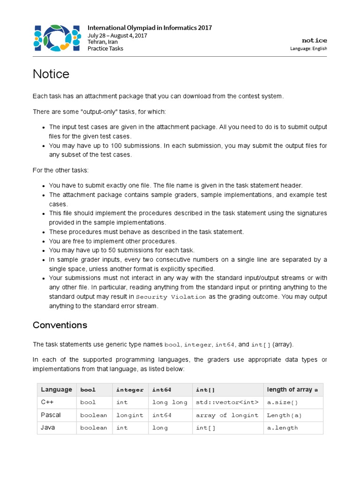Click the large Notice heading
pyautogui.click(x=51, y=74)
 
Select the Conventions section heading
pyautogui.click(x=60, y=325)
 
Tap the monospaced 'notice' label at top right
pyautogui.click(x=315, y=40)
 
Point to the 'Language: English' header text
pyautogui.click(x=308, y=48)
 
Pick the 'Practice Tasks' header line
pyautogui.click(x=105, y=48)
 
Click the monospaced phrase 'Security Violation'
pyautogui.click(x=171, y=297)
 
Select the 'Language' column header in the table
pyautogui.click(x=56, y=390)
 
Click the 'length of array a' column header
pyautogui.click(x=292, y=390)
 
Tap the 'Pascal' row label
pyautogui.click(x=51, y=415)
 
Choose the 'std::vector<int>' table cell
pyautogui.click(x=227, y=402)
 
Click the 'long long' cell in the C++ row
pyautogui.click(x=169, y=402)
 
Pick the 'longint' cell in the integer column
pyautogui.click(x=129, y=415)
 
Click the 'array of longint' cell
pyautogui.click(x=227, y=415)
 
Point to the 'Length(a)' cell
pyautogui.click(x=284, y=415)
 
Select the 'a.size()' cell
pyautogui.click(x=282, y=402)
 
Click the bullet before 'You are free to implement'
pyautogui.click(x=43, y=241)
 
